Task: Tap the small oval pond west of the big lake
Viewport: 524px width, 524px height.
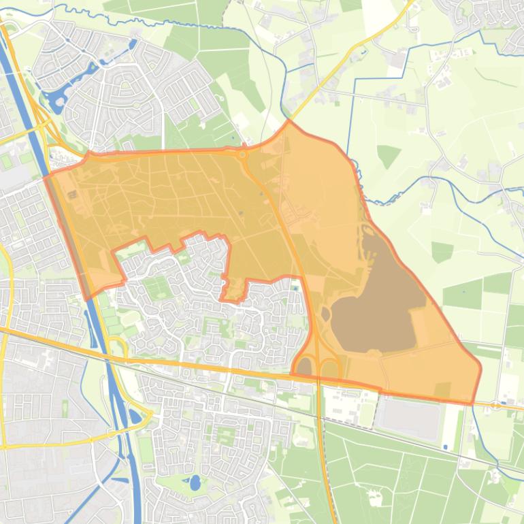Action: tap(325, 315)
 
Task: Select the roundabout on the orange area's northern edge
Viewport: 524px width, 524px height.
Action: tap(242, 154)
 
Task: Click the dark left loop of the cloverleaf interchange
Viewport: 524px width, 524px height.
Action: tap(304, 367)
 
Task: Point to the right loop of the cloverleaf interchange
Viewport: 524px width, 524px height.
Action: tap(331, 368)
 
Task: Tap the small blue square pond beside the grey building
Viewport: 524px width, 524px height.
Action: tap(445, 447)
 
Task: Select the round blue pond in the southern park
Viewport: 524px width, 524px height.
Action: tap(195, 483)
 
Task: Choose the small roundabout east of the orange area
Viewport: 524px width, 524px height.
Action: tap(495, 405)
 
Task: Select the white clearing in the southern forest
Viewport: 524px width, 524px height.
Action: tap(375, 497)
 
